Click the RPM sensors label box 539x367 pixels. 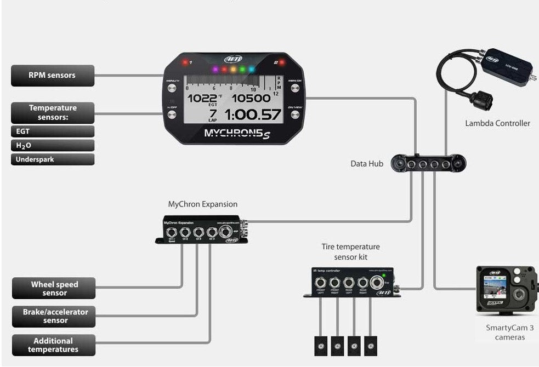tap(53, 76)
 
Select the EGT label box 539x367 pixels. tap(53, 131)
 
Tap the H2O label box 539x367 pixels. tap(53, 146)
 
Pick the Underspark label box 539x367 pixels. tap(53, 160)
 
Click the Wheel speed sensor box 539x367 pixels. tap(54, 289)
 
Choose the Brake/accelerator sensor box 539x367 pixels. tap(54, 316)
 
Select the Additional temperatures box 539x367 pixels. tap(54, 345)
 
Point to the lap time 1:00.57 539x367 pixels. tap(253, 114)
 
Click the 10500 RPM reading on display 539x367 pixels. tap(251, 99)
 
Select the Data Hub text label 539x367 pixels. tap(367, 164)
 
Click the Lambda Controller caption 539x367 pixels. tap(497, 123)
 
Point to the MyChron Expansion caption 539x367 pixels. tap(203, 204)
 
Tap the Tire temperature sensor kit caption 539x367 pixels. tap(350, 252)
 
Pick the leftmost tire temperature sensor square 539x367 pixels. tap(321, 346)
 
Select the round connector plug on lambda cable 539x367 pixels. tap(480, 100)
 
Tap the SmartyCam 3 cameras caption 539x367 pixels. tap(509, 332)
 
